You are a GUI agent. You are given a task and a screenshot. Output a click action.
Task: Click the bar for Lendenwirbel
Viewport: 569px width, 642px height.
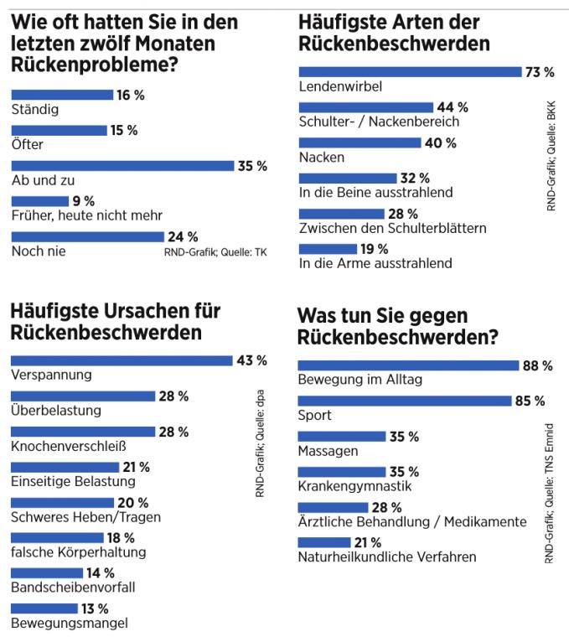[x=409, y=72]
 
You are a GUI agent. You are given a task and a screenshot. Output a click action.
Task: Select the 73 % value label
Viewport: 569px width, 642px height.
[x=539, y=72]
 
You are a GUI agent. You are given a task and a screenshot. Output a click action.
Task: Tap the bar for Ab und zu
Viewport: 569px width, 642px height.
[x=122, y=166]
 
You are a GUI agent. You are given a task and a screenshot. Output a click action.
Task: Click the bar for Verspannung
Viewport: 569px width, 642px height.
[x=121, y=360]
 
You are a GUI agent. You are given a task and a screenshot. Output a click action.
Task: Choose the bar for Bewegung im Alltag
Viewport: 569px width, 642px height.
[x=408, y=365]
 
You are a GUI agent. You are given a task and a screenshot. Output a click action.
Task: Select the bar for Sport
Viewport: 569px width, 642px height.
[x=404, y=401]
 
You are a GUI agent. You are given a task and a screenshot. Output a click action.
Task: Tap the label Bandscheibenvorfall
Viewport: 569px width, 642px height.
[x=73, y=587]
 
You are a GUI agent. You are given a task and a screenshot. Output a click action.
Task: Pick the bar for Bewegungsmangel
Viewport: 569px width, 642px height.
[x=44, y=608]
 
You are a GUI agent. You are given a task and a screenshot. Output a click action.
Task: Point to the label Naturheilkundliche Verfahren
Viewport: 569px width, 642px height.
[x=387, y=557]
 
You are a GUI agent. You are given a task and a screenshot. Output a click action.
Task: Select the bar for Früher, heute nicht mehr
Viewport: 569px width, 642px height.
[x=39, y=201]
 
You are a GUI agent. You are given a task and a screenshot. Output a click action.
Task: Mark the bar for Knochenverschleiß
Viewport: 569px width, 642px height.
[x=83, y=432]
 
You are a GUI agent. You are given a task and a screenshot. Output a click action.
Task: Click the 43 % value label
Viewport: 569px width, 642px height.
[x=251, y=360]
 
